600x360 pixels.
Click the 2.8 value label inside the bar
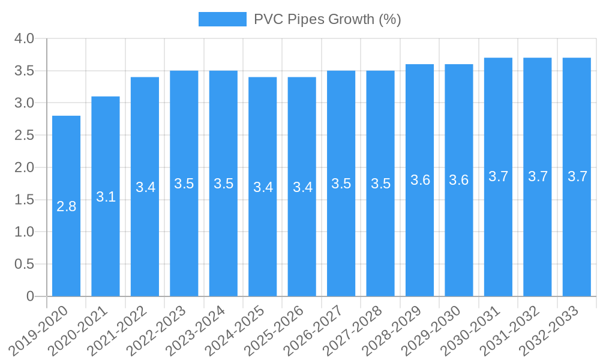point(66,207)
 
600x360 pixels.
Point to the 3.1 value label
point(106,197)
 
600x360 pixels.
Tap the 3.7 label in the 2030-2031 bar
point(499,176)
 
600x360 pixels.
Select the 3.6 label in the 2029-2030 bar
point(459,180)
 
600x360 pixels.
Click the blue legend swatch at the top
point(223,19)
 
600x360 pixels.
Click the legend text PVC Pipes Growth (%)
point(327,19)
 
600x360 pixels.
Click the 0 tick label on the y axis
point(31,296)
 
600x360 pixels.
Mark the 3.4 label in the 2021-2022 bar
point(145,187)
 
